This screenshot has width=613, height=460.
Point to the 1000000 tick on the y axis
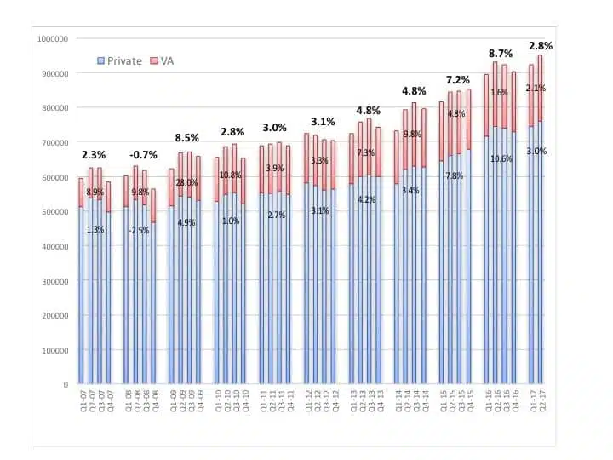(54, 39)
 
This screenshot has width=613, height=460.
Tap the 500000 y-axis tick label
(56, 212)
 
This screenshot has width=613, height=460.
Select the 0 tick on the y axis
(66, 385)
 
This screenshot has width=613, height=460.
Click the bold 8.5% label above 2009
(186, 137)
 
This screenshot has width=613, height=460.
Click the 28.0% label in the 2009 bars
(186, 183)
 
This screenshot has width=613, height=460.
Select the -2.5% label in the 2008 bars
(140, 230)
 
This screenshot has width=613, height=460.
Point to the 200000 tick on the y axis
(56, 316)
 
